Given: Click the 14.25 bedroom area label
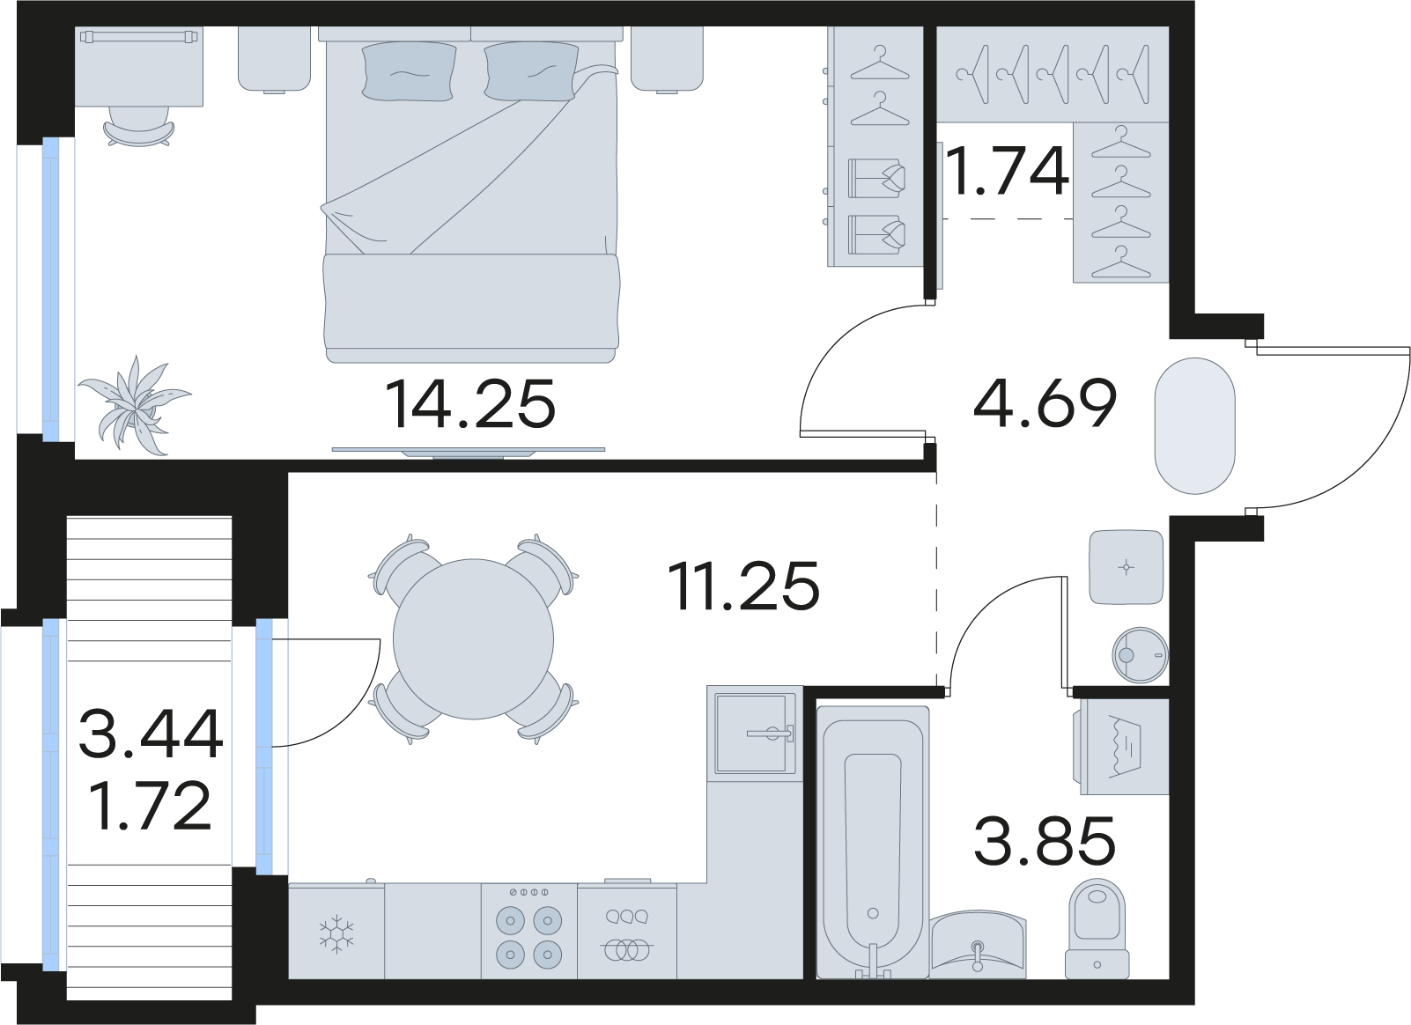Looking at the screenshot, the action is [470, 403].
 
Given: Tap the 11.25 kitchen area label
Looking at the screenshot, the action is [745, 586].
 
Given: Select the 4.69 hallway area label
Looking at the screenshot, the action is [1045, 403].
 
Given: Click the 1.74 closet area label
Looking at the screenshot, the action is [1008, 170].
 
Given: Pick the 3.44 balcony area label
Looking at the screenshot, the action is [151, 734].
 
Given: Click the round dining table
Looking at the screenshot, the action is [473, 639].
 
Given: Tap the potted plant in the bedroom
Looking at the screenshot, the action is [134, 404].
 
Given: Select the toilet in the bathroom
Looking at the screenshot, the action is [1097, 929].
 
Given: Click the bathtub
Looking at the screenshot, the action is [873, 843].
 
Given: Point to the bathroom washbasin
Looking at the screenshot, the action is [978, 944].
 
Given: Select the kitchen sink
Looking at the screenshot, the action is [755, 734].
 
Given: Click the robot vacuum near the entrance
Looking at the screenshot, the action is [1140, 655].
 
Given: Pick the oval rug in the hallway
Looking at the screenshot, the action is [1195, 426].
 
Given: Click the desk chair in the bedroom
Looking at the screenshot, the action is [138, 126].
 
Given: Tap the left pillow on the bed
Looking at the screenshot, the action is [409, 70].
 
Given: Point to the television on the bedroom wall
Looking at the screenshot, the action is [469, 452].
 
